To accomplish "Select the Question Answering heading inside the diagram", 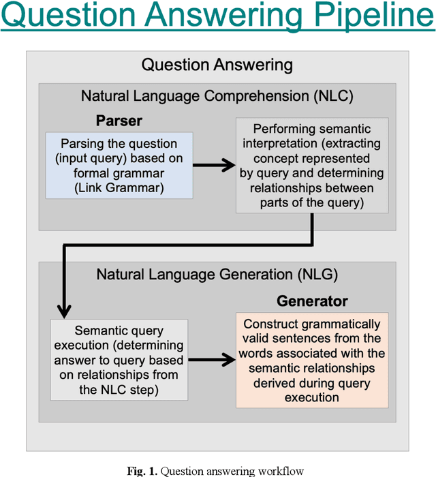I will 217,65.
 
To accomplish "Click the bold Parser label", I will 119,121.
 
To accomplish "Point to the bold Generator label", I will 312,301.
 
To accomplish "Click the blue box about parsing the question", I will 119,166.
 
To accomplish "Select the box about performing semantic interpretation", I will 313,166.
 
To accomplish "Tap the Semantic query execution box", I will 120,359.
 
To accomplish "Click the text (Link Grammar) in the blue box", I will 119,189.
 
